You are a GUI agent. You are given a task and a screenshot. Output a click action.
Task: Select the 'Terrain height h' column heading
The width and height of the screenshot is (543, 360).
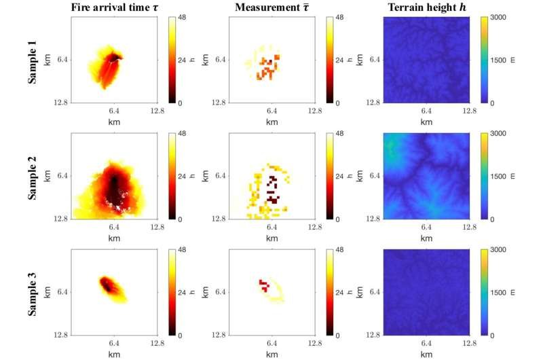click(x=426, y=7)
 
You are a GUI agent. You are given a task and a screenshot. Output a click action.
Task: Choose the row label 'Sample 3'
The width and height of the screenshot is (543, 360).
click(x=32, y=293)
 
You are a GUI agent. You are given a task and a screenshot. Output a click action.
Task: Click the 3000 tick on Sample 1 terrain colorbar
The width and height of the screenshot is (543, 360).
click(x=498, y=18)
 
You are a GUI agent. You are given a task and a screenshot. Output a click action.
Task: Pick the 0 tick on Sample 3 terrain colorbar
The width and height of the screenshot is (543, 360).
click(x=495, y=336)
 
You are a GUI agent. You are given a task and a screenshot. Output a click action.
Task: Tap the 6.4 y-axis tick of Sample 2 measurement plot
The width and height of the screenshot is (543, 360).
click(x=221, y=177)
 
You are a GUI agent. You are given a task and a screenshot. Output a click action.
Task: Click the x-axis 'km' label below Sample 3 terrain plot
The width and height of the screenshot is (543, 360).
click(x=427, y=353)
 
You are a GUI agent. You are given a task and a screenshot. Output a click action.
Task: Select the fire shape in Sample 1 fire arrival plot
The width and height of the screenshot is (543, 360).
click(x=109, y=67)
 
